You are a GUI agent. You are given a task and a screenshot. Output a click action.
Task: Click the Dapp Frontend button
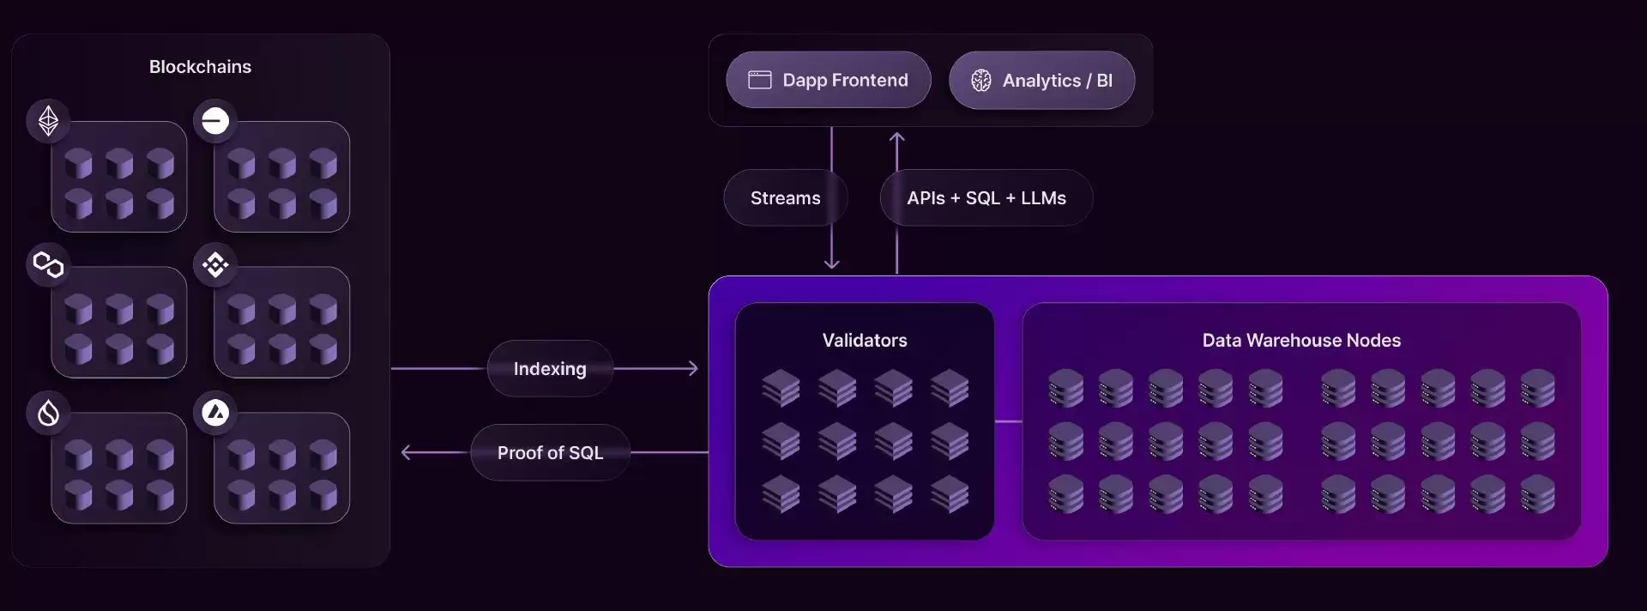[x=828, y=80]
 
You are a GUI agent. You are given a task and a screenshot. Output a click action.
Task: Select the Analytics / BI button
[x=1041, y=80]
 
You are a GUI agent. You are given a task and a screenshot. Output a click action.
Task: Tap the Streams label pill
[x=786, y=198]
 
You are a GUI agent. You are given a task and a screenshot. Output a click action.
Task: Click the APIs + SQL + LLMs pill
[x=986, y=198]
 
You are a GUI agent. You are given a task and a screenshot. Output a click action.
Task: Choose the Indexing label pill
[x=550, y=369]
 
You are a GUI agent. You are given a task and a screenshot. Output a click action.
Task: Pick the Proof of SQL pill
[x=550, y=452]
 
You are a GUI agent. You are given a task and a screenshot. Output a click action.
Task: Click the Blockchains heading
[x=200, y=67]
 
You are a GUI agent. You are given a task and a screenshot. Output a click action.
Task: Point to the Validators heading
[x=865, y=341]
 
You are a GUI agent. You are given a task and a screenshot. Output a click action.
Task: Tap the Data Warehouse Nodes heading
[x=1301, y=341]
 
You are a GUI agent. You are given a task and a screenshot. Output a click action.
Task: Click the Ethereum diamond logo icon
[x=48, y=120]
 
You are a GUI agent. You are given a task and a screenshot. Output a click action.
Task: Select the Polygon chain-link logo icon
[x=48, y=265]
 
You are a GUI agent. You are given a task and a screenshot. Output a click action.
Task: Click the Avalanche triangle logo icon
[x=215, y=413]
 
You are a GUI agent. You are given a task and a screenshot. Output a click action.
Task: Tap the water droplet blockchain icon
[x=48, y=413]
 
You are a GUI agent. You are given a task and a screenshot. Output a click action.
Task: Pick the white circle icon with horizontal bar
[x=215, y=120]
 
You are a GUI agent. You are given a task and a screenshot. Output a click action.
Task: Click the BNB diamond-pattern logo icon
[x=215, y=265]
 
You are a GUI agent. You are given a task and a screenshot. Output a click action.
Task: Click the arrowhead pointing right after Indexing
[x=693, y=369]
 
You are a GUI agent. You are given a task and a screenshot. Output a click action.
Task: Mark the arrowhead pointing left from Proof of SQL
[x=407, y=452]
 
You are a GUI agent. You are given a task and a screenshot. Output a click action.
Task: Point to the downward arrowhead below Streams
[x=831, y=263]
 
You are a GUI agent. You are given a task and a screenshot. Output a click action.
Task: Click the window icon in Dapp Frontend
[x=760, y=80]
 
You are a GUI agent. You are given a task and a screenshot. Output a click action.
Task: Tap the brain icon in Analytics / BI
[x=980, y=81]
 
